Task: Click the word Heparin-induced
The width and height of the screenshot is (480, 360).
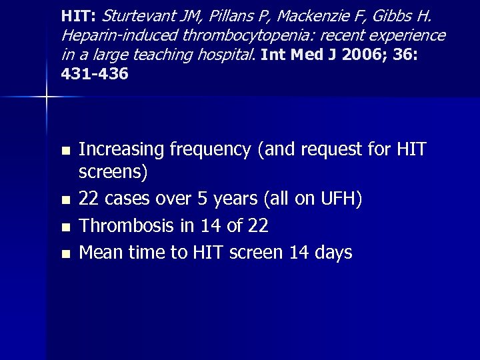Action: click(x=107, y=34)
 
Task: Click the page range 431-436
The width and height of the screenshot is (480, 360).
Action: click(x=94, y=74)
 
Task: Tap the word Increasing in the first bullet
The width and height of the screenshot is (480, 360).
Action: click(x=121, y=150)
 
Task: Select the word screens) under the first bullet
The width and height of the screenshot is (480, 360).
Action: click(x=113, y=172)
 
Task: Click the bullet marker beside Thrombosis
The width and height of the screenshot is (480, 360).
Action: click(x=65, y=227)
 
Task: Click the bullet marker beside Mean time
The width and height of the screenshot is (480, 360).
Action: click(x=65, y=253)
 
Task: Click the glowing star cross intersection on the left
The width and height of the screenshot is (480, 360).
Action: click(x=47, y=97)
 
